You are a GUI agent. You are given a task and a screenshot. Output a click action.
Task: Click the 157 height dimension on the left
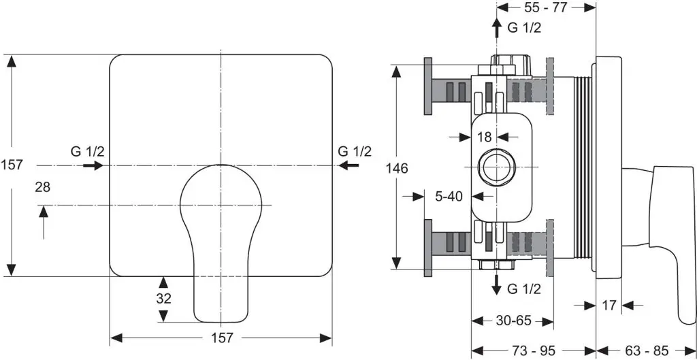[x=12, y=165]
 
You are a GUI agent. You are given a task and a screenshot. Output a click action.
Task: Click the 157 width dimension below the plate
[x=221, y=338]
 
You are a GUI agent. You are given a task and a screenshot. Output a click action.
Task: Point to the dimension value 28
[x=43, y=187]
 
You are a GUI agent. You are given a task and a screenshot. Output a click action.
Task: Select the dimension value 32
[x=163, y=298]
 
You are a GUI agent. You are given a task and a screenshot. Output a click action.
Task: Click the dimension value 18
[x=484, y=137]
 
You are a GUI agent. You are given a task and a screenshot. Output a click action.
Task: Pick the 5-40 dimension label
[x=449, y=196]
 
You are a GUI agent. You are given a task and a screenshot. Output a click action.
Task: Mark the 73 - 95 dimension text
[x=534, y=350]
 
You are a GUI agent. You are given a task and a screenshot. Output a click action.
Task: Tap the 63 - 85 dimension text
[x=647, y=350]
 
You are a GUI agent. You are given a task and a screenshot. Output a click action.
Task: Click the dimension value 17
[x=609, y=306]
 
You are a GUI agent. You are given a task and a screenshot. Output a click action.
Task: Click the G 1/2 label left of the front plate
[x=88, y=151]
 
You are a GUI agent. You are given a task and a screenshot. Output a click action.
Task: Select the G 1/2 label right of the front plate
[x=355, y=151]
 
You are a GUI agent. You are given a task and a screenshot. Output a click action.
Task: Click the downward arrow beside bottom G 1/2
[x=496, y=283]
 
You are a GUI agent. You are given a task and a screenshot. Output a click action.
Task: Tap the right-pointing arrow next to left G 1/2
[x=93, y=165]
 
